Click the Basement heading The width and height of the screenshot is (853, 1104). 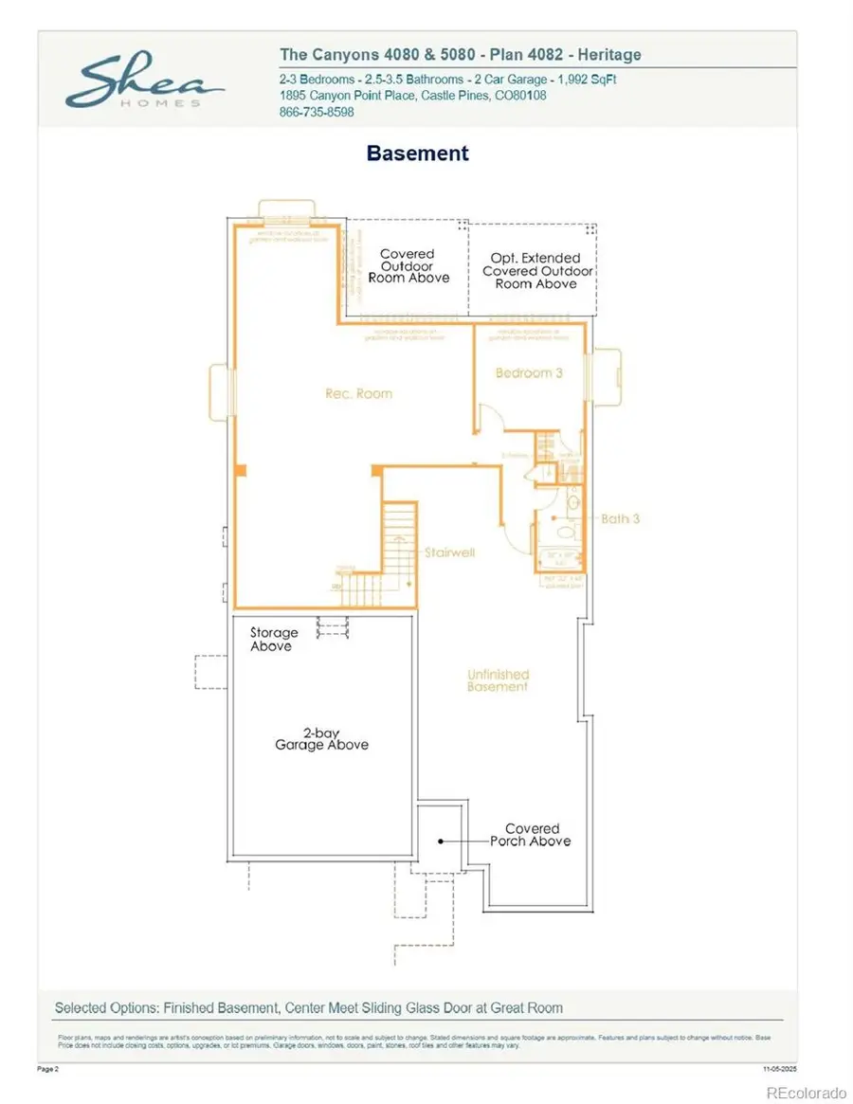tap(417, 153)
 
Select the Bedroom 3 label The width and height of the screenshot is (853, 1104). tap(529, 373)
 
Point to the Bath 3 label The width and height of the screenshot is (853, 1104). tap(621, 519)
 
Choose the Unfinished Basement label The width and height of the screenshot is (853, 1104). tap(498, 680)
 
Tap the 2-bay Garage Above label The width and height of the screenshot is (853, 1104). tap(322, 738)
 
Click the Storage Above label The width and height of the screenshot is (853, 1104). tap(273, 639)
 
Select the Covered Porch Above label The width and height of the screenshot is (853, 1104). tap(531, 834)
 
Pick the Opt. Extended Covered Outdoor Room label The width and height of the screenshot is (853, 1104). tap(536, 270)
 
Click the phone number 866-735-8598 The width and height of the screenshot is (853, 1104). tap(317, 112)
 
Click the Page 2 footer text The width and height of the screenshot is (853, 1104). tap(47, 1069)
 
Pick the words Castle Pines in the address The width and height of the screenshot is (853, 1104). tap(456, 96)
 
